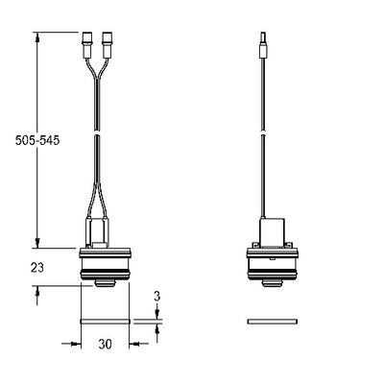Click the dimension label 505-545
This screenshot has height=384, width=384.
(37, 140)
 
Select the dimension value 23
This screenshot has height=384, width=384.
(37, 268)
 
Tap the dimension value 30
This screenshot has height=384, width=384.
(105, 345)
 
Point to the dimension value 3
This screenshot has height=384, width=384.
(156, 297)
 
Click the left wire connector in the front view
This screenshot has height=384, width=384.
(87, 45)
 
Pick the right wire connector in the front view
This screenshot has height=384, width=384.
(107, 45)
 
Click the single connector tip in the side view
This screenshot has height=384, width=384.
(264, 45)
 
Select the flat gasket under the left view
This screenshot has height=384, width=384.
(105, 322)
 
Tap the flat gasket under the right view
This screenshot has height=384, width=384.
(273, 322)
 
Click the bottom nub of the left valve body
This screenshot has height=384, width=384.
(105, 283)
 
